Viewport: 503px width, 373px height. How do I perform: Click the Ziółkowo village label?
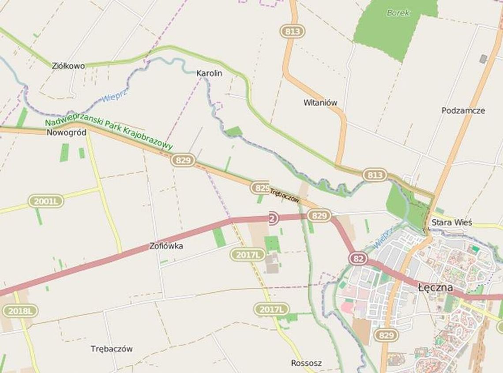point(68,66)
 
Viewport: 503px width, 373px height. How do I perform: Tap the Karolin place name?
point(209,73)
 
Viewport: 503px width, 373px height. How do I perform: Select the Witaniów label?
point(320,102)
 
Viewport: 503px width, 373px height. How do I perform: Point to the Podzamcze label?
point(463,110)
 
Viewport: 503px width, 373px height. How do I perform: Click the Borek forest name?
point(398,13)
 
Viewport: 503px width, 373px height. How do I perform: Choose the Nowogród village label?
point(66,132)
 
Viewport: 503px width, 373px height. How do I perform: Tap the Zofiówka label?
point(166,246)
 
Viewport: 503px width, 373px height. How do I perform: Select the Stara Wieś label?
point(451,222)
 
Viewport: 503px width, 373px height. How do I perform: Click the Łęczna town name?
point(435,287)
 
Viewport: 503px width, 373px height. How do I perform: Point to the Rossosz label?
point(306,363)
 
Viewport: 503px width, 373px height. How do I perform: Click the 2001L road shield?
point(46,201)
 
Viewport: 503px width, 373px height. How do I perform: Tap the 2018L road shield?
point(20,311)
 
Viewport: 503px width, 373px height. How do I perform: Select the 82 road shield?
point(358,258)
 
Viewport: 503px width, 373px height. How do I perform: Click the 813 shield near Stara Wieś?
point(375,175)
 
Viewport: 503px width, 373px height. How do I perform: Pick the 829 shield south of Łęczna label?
point(386,335)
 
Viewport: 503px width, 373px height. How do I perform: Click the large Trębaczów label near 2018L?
point(112,349)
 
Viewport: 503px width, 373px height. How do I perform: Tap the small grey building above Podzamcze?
point(483,58)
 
